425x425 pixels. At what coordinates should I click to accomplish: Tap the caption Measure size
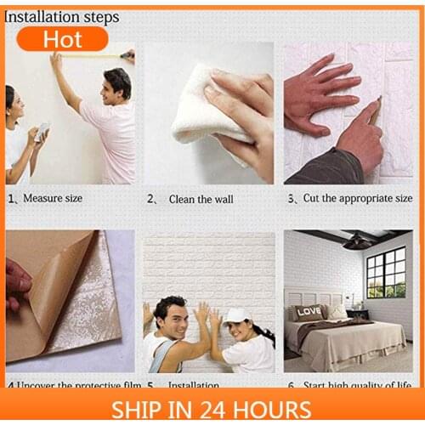[x=52, y=198]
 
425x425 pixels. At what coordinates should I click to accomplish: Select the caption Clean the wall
[x=201, y=199]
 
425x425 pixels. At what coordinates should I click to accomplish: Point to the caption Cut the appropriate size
[x=354, y=198]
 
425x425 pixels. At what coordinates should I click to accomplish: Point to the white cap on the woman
[x=235, y=314]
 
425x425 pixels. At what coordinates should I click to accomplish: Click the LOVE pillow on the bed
[x=309, y=311]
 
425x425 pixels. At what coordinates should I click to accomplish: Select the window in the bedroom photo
[x=385, y=272]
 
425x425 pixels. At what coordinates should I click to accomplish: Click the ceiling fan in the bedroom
[x=358, y=241]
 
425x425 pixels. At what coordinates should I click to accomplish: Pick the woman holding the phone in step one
[x=19, y=136]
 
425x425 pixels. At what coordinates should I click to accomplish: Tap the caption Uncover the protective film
[x=71, y=384]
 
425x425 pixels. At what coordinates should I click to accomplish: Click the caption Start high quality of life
[x=354, y=384]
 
